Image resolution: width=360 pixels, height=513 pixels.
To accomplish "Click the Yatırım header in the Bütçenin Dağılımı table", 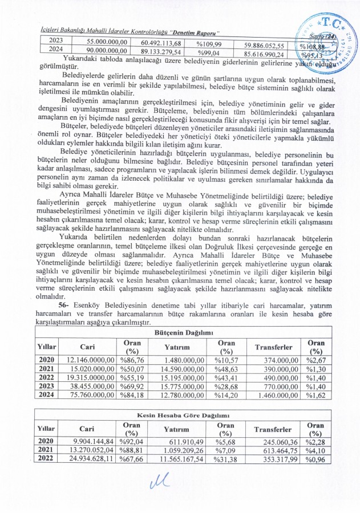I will point(176,347).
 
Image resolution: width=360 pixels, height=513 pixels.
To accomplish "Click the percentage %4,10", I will point(314,451).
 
